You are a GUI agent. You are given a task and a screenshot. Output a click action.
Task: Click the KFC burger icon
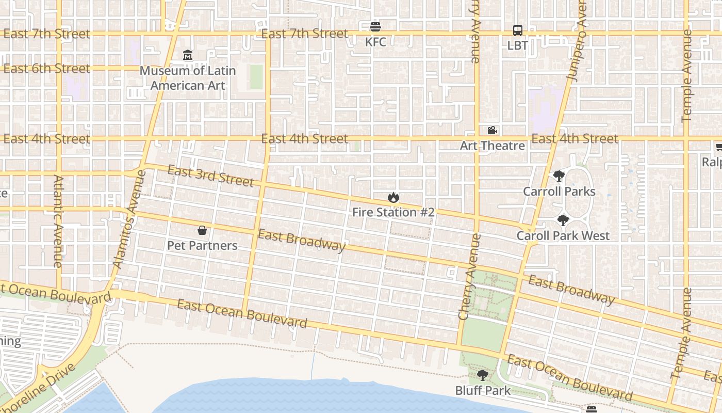(375, 26)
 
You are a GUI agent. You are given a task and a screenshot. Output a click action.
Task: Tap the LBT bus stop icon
(517, 30)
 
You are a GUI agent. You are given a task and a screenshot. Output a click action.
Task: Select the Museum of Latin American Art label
(188, 78)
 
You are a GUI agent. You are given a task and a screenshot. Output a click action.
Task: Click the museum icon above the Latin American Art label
(188, 55)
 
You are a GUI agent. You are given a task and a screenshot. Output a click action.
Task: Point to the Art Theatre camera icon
(492, 130)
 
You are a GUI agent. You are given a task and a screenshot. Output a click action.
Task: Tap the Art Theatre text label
(492, 146)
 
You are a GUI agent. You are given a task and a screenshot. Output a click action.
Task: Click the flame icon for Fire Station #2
(393, 197)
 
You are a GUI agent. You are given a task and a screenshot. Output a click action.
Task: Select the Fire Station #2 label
(393, 212)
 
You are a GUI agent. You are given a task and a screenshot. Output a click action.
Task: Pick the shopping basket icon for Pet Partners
(202, 230)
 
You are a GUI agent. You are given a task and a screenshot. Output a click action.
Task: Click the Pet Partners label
(202, 245)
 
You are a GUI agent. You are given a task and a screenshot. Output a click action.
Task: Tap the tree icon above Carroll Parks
(559, 176)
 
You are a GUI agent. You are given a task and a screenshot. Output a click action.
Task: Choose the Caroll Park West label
(563, 236)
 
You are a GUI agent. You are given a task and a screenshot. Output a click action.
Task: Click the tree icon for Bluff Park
(482, 375)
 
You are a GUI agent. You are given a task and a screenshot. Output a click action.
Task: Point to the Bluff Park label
(482, 390)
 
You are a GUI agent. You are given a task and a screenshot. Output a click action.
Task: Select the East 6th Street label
(46, 69)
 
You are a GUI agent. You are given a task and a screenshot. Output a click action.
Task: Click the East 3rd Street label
(210, 176)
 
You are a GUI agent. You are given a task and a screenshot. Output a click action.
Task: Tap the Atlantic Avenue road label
(58, 221)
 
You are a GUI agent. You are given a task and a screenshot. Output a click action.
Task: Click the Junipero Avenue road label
(577, 41)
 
